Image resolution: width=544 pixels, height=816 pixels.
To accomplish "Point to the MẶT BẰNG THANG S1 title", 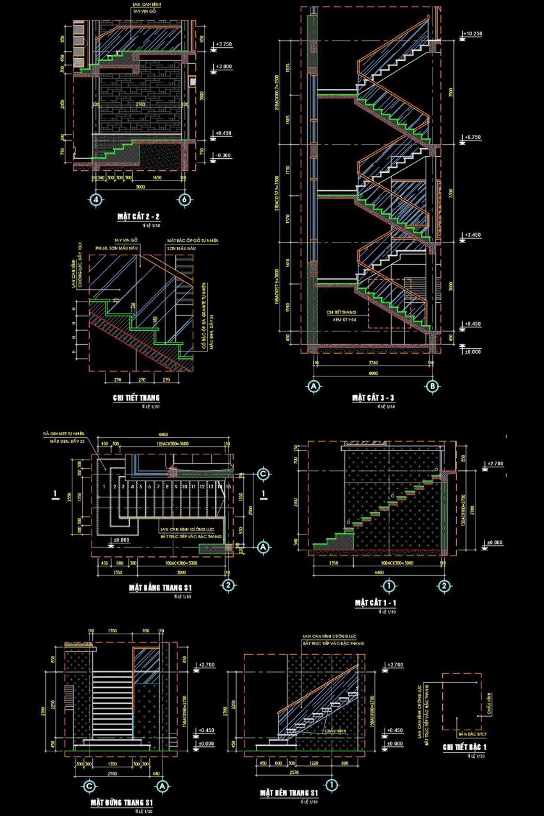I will [161, 587].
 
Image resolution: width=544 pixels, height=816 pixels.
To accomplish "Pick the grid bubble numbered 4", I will [97, 200].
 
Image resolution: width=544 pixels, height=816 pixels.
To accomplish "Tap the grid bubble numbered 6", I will [185, 200].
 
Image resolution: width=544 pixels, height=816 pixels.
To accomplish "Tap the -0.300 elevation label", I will [224, 156].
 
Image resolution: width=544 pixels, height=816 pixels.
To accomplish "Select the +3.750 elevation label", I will [224, 44].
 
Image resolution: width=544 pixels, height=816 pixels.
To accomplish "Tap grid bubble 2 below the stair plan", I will [227, 585].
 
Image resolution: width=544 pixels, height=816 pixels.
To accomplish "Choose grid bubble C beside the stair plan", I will [262, 474].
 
